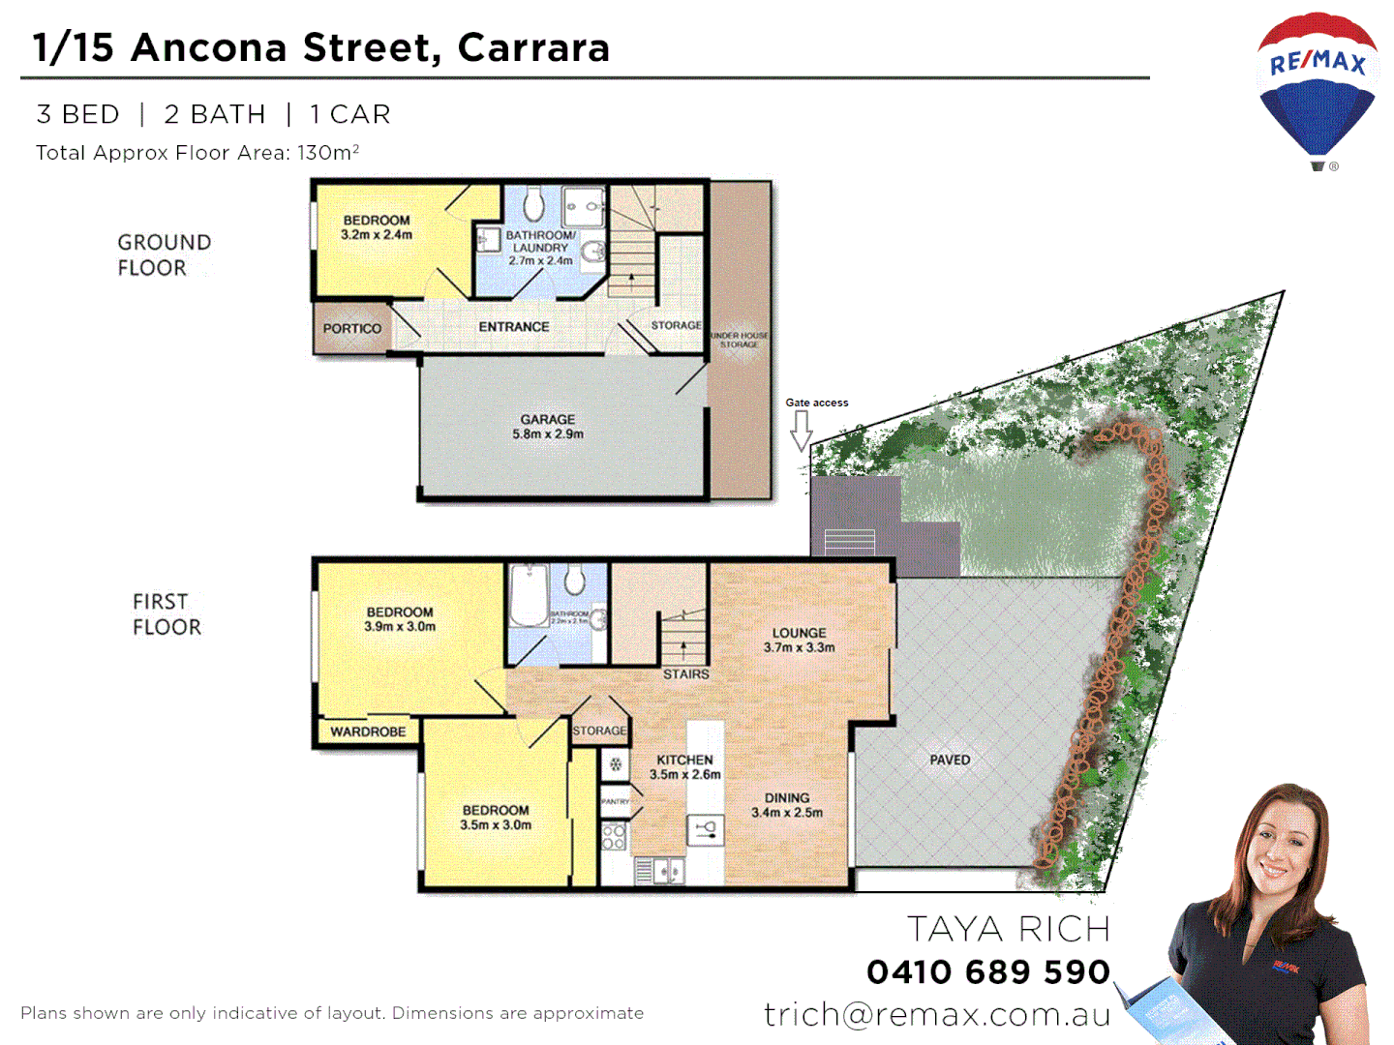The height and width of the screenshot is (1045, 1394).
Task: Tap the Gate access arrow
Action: pos(801,431)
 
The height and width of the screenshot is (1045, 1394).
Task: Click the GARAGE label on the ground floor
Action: pos(548,427)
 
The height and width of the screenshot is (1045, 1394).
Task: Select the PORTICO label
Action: pos(351,329)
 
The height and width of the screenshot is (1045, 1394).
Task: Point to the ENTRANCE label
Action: pos(513,327)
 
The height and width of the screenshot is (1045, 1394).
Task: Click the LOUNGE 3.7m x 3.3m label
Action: pos(799,640)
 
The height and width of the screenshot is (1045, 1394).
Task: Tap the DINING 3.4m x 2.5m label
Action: pos(787,805)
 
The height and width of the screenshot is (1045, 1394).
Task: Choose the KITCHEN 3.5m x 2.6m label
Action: pos(684,767)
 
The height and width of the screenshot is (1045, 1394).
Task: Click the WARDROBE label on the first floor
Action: pos(368,731)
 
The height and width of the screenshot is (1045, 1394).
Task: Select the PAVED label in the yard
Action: pos(950,761)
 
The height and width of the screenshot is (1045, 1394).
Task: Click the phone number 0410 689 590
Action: pos(987,971)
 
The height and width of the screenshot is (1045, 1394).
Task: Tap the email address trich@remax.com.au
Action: pos(936,1014)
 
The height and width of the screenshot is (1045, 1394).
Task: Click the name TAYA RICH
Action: pos(1008,929)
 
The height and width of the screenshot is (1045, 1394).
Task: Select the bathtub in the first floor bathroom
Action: pos(529,597)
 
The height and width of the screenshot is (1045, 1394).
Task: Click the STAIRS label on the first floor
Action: pos(685,673)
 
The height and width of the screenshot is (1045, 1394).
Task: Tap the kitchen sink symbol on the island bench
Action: pos(705,829)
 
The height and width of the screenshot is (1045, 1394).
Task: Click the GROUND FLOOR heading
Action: pos(164,255)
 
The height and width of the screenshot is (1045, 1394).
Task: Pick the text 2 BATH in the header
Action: pos(215,114)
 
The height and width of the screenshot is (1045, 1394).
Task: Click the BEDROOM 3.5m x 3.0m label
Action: pos(496,818)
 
